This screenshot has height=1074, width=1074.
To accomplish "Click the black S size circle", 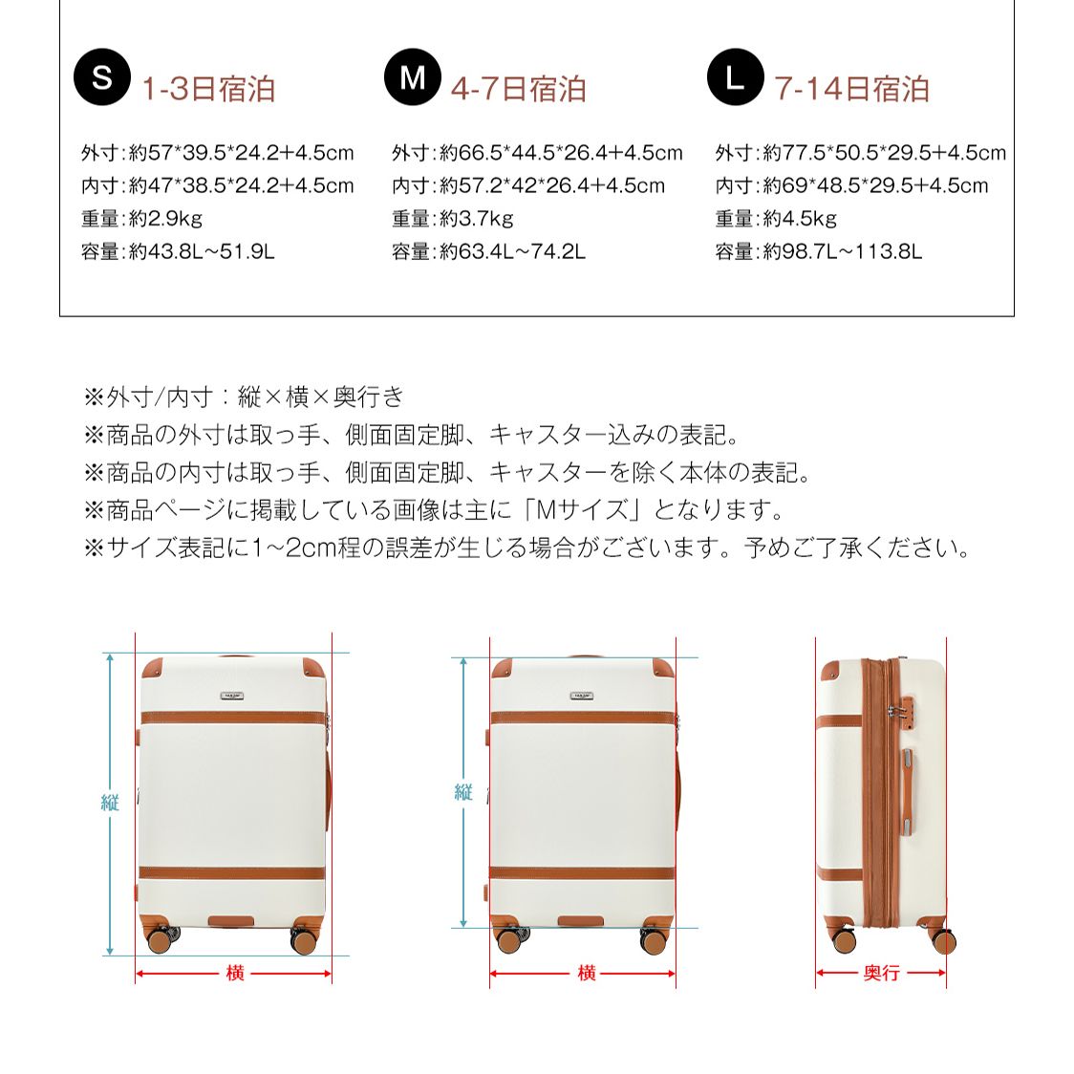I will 101,76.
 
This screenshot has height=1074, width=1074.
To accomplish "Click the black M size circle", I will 412,76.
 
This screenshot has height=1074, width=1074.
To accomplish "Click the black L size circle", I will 735,76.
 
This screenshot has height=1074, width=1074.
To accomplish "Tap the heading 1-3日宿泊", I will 208,89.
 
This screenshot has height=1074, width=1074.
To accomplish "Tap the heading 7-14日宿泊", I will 851,89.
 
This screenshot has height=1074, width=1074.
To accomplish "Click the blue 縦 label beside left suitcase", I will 110,803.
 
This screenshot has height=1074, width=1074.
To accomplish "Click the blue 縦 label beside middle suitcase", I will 463,791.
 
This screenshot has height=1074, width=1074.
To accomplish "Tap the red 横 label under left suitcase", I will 234,973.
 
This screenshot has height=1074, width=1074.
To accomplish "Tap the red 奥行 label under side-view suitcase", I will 881,973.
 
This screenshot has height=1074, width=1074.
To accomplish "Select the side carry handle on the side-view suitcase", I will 905,789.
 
